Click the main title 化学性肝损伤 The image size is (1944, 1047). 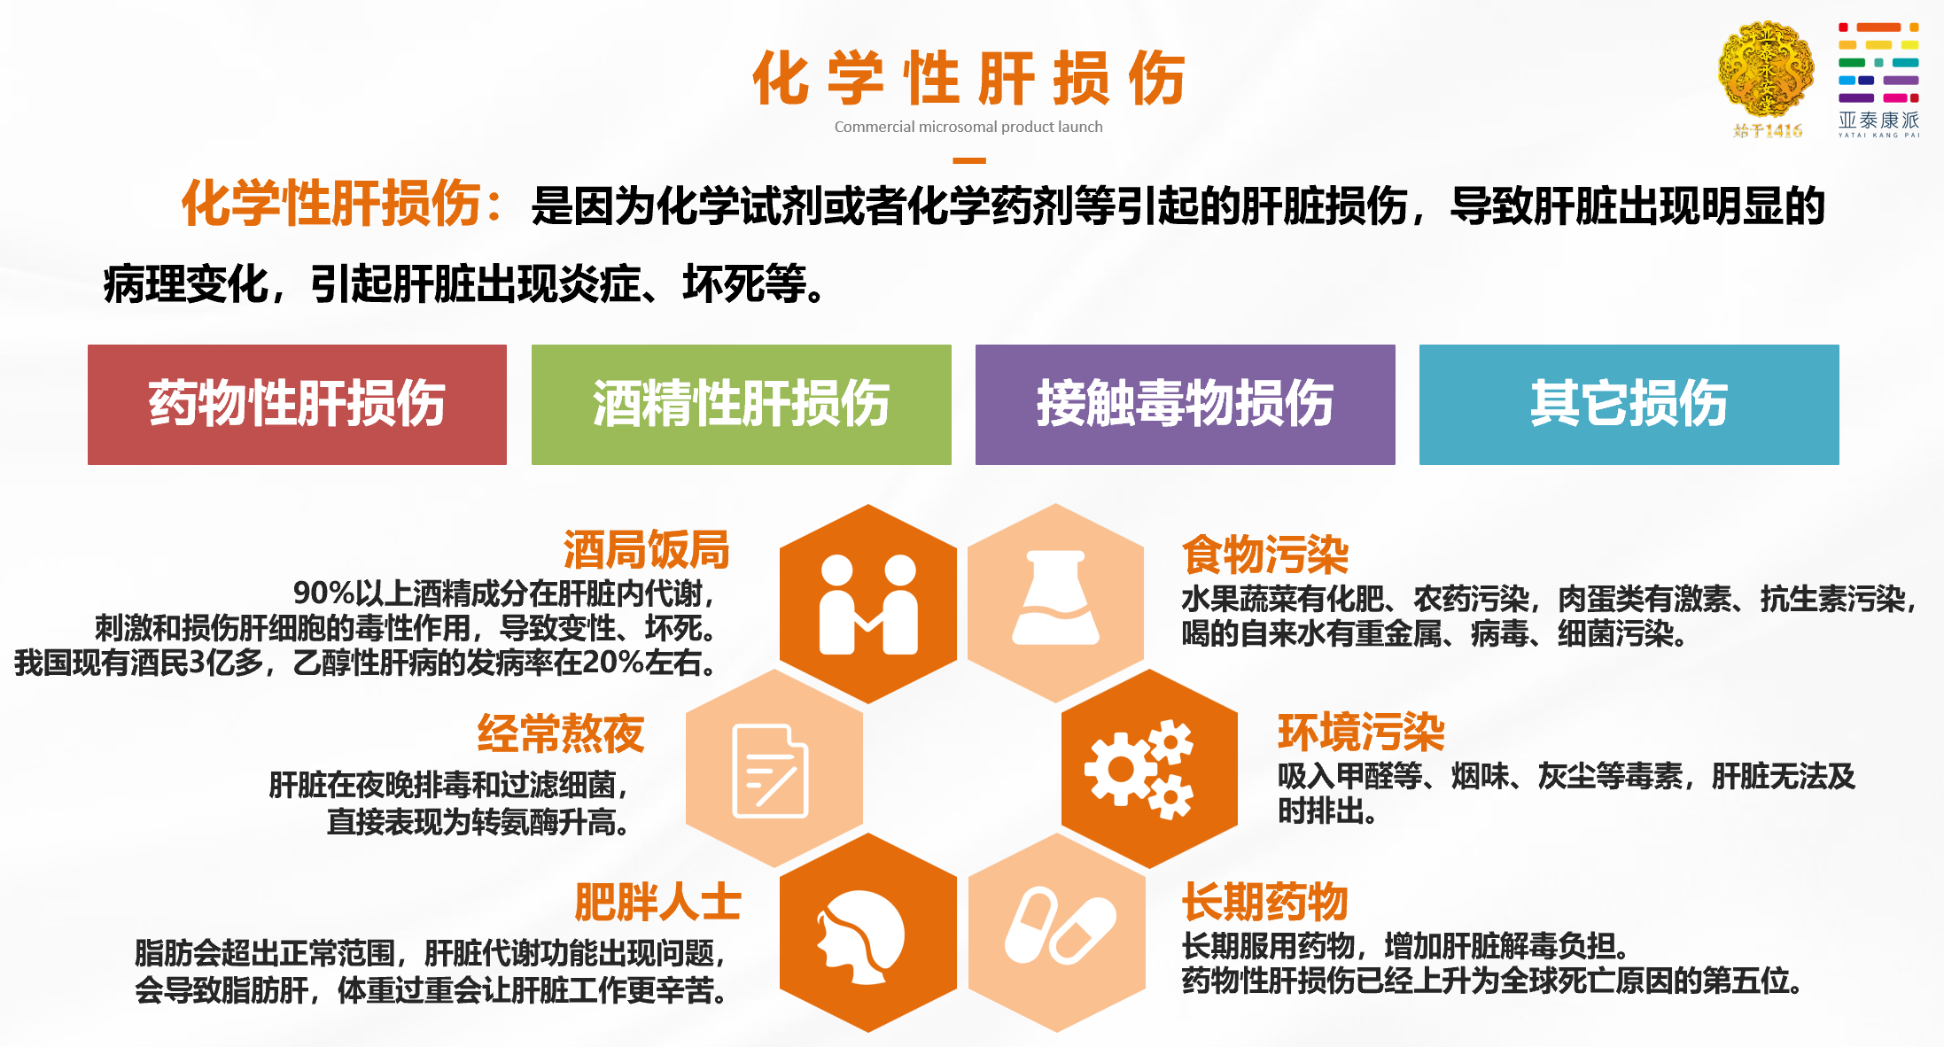[x=968, y=78]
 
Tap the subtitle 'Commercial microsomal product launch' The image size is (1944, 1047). [x=968, y=127]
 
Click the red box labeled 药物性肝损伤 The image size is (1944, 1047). [x=297, y=404]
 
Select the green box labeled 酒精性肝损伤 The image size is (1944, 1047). [x=742, y=404]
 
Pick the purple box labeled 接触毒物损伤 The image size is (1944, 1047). [x=1186, y=404]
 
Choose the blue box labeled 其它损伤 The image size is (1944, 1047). [x=1629, y=404]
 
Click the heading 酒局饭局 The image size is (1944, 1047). [x=647, y=550]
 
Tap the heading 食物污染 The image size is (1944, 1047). [x=1265, y=555]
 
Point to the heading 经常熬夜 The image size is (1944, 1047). [x=561, y=733]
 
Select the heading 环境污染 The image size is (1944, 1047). [x=1361, y=733]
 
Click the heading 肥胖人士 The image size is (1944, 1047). [x=657, y=903]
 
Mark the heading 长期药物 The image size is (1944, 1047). [x=1265, y=903]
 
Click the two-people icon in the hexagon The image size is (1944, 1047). [x=868, y=604]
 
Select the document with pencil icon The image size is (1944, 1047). [x=770, y=771]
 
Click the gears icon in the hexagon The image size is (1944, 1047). [x=1139, y=769]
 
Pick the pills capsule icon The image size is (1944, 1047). [x=1060, y=926]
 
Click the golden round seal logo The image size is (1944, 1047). [x=1766, y=71]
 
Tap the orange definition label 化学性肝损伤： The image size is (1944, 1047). [x=344, y=203]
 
